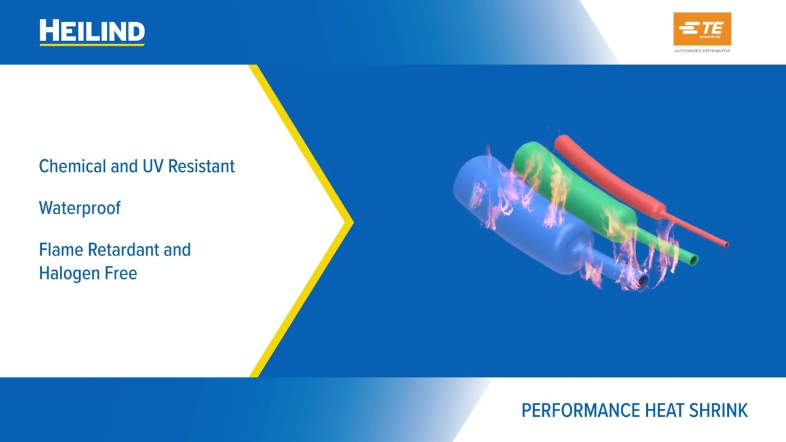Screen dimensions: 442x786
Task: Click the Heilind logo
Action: click(x=92, y=32)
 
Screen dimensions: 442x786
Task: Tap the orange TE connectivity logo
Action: click(x=702, y=29)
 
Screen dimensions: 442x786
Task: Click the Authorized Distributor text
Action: click(x=702, y=51)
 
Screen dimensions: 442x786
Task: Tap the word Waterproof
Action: click(x=80, y=208)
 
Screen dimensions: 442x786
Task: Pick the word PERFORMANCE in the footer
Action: click(x=572, y=411)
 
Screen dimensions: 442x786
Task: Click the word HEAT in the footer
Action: click(x=648, y=411)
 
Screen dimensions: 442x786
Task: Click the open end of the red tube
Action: click(x=727, y=244)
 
